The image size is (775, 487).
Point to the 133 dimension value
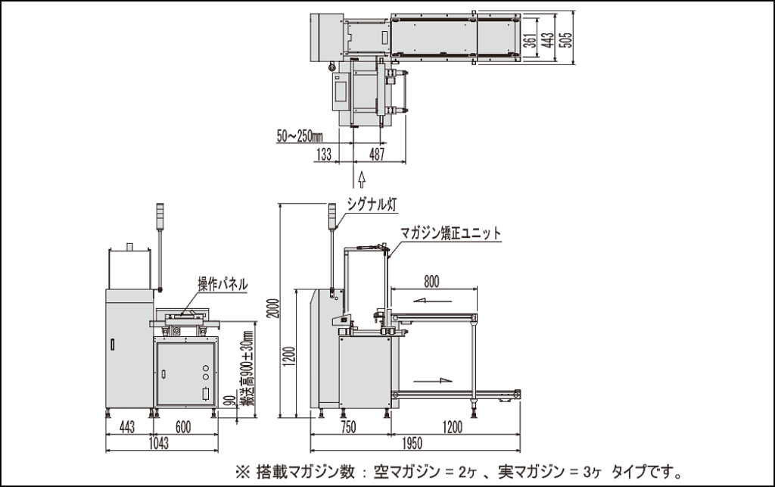pos(322,155)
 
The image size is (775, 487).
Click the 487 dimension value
pos(376,155)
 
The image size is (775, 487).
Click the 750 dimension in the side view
pos(348,427)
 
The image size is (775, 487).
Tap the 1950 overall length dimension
pos(412,444)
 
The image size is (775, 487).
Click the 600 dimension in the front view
pos(183,427)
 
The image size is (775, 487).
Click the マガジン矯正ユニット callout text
pos(451,234)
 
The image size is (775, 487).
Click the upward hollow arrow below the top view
pos(361,178)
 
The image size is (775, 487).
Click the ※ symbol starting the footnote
pos(244,472)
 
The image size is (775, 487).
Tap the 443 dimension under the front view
pos(127,427)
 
